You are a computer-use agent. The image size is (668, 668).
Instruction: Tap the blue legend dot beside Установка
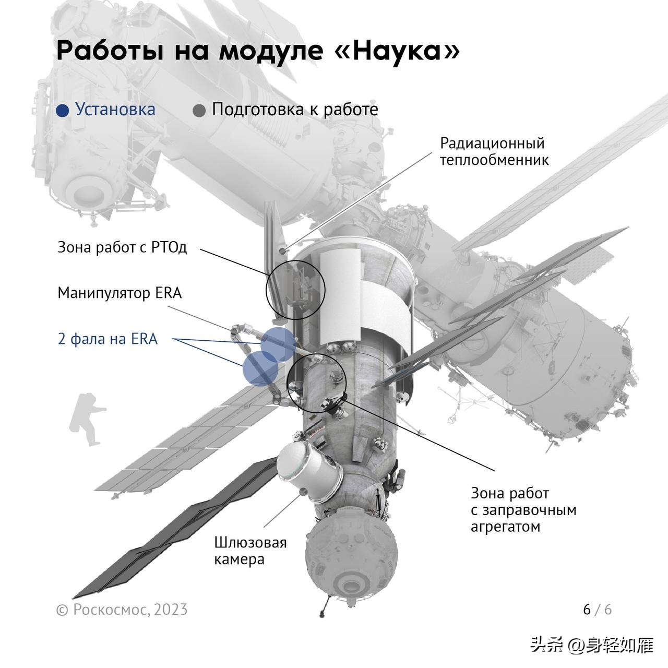click(63, 111)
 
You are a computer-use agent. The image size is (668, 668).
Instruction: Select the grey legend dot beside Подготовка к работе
click(199, 111)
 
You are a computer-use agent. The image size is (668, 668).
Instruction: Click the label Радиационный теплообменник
click(494, 151)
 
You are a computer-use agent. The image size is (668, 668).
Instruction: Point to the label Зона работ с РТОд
click(122, 247)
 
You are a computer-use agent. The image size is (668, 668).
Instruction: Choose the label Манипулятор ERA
click(120, 293)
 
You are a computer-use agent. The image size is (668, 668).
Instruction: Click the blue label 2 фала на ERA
click(108, 339)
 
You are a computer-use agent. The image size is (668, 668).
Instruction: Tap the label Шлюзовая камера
click(250, 551)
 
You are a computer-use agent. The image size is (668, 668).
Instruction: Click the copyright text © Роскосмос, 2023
click(122, 610)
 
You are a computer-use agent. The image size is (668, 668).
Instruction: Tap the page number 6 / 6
click(597, 609)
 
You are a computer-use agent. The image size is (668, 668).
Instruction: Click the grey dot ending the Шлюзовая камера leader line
click(302, 491)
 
